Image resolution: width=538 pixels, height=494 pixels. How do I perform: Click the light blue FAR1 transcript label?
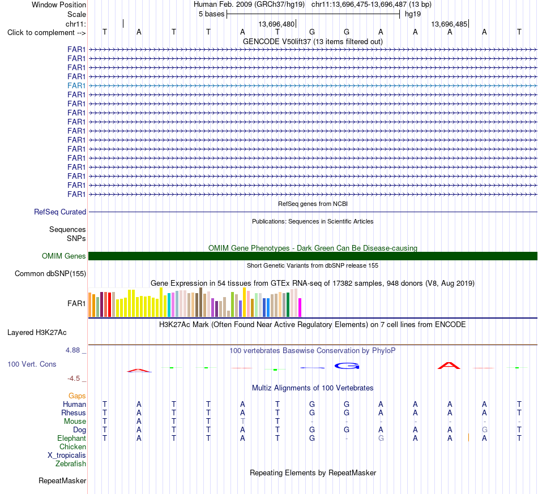(x=76, y=85)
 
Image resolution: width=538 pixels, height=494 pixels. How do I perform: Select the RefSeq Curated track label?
(x=60, y=212)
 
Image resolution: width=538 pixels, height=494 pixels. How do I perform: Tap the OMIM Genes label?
(x=64, y=256)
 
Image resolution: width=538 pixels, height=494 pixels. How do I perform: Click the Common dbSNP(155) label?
(x=50, y=273)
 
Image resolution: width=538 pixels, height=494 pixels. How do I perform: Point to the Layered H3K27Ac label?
(x=37, y=333)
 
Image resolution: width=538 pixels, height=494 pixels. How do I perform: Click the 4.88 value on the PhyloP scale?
(x=72, y=350)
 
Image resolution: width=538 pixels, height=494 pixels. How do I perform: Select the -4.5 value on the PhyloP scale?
(x=74, y=379)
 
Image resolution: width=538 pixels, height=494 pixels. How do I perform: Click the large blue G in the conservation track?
(x=347, y=366)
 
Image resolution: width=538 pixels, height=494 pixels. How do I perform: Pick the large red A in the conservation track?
(x=449, y=366)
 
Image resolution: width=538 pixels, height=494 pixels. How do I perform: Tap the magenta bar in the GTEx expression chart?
(x=300, y=307)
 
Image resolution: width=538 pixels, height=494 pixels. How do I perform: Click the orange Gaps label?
(x=77, y=396)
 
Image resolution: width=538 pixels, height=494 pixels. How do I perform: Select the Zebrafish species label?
(x=71, y=464)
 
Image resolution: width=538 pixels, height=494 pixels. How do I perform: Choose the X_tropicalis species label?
(x=67, y=456)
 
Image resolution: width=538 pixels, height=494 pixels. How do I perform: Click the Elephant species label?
(x=71, y=439)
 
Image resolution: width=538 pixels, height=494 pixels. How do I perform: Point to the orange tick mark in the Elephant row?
(x=468, y=437)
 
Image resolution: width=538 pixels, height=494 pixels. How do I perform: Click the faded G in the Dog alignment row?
(x=484, y=430)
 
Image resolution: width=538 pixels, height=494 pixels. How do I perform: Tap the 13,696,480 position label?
(x=276, y=24)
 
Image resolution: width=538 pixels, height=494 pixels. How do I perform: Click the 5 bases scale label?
(x=211, y=14)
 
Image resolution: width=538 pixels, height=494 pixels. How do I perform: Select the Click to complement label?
(x=46, y=33)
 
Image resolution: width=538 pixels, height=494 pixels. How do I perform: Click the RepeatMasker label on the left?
(x=62, y=480)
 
